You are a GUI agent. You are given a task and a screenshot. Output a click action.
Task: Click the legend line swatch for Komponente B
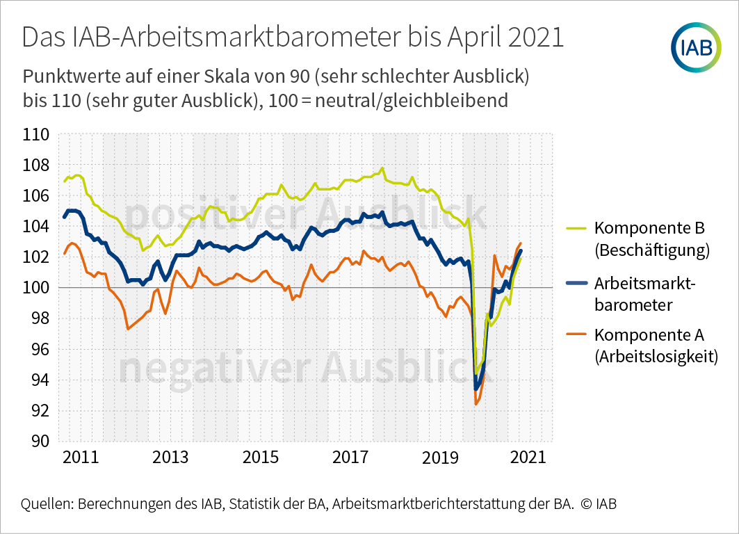point(576,228)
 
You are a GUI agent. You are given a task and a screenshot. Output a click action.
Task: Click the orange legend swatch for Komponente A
point(576,335)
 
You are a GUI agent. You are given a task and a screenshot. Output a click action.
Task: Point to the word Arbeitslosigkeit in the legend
point(656,357)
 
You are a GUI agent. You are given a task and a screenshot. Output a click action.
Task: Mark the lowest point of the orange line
point(476,404)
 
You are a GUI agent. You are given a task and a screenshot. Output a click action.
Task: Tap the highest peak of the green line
point(382,168)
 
